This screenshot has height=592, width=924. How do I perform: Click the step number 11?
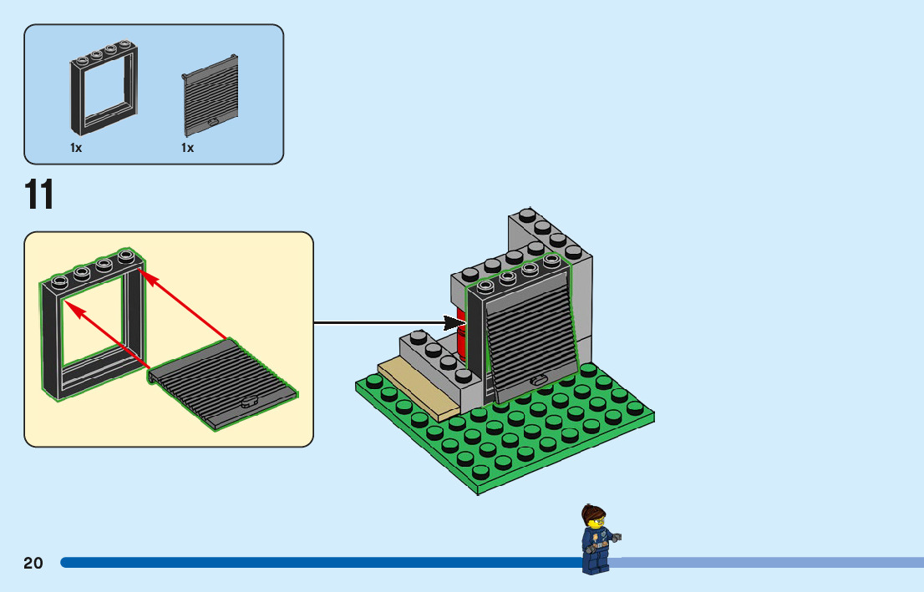[39, 195]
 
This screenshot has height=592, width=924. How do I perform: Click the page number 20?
[33, 563]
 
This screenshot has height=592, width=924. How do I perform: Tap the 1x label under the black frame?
[76, 148]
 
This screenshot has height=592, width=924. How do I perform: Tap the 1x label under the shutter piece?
[187, 148]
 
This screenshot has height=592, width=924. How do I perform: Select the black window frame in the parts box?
[104, 88]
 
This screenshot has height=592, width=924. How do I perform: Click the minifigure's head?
[594, 519]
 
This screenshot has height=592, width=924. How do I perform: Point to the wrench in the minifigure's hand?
[617, 538]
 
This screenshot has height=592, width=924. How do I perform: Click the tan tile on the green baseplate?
[418, 389]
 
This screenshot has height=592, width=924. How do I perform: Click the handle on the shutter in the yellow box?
[249, 401]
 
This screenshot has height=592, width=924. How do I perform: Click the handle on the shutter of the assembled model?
[539, 381]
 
